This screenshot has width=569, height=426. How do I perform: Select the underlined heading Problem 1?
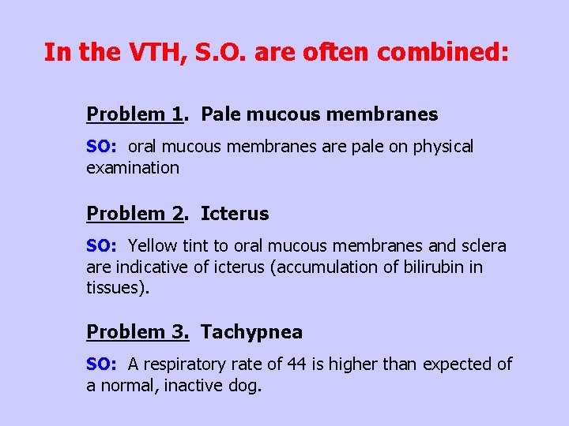pyautogui.click(x=134, y=114)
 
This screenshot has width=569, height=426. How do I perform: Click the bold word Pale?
pyautogui.click(x=221, y=114)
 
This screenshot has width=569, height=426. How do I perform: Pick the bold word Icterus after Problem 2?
pyautogui.click(x=235, y=214)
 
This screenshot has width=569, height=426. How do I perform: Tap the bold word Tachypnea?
pyautogui.click(x=251, y=332)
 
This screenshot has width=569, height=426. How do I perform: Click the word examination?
pyautogui.click(x=133, y=168)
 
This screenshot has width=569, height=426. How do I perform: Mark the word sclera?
pyautogui.click(x=482, y=246)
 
